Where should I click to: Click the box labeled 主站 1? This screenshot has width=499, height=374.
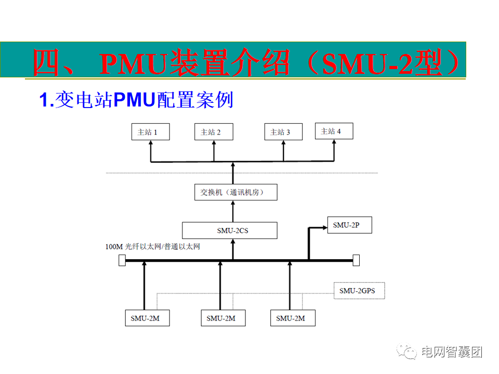coord(147,132)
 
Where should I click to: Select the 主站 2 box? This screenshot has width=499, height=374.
coord(214,132)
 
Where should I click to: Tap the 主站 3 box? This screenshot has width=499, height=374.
coord(284,132)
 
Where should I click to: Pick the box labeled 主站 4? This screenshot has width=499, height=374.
coord(334,131)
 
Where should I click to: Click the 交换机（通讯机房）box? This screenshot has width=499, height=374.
coord(235,192)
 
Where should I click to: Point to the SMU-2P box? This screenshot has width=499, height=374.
coord(350,225)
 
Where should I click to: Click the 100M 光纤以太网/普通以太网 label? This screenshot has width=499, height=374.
coord(152,247)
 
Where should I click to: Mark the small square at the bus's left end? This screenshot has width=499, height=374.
coord(122,260)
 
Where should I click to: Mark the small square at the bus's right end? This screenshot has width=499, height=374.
coord(356,260)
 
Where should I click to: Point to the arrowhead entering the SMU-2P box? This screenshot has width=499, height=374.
coord(323,227)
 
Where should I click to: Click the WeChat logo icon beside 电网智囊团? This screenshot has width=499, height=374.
coord(406,353)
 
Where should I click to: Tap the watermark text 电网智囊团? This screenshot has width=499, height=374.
coord(452,352)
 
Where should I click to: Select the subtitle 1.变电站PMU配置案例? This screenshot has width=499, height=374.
coord(136,100)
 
